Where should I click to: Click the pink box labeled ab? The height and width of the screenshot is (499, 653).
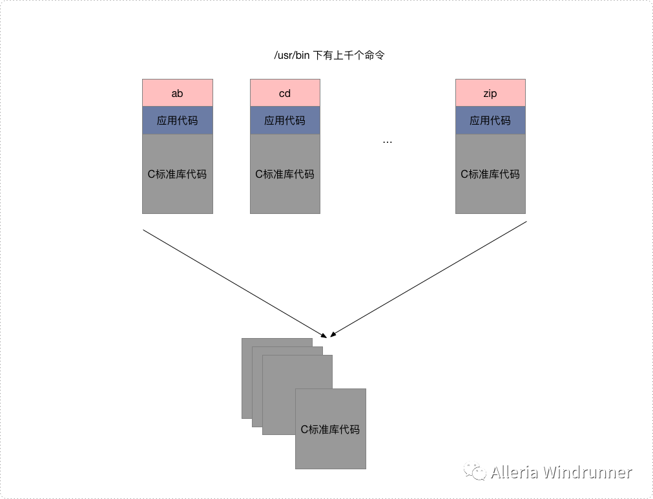click(178, 93)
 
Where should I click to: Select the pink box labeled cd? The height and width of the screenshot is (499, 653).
click(285, 93)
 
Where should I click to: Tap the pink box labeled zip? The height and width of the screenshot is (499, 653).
click(490, 93)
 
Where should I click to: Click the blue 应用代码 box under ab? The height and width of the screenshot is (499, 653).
click(178, 120)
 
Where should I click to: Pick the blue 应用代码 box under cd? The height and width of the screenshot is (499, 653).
click(285, 120)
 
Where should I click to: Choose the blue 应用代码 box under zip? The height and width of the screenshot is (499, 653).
click(490, 120)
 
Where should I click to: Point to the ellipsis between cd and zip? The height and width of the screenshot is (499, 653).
click(388, 141)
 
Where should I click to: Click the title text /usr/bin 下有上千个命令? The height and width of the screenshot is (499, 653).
click(329, 56)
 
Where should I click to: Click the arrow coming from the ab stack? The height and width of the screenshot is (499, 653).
click(233, 282)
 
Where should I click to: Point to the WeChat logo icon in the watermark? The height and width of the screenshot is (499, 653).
click(477, 472)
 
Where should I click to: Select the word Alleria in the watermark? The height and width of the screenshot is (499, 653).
click(514, 472)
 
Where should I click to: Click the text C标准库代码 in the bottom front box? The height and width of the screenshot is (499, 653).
click(330, 429)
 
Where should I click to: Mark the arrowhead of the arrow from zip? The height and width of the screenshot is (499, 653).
click(332, 335)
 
